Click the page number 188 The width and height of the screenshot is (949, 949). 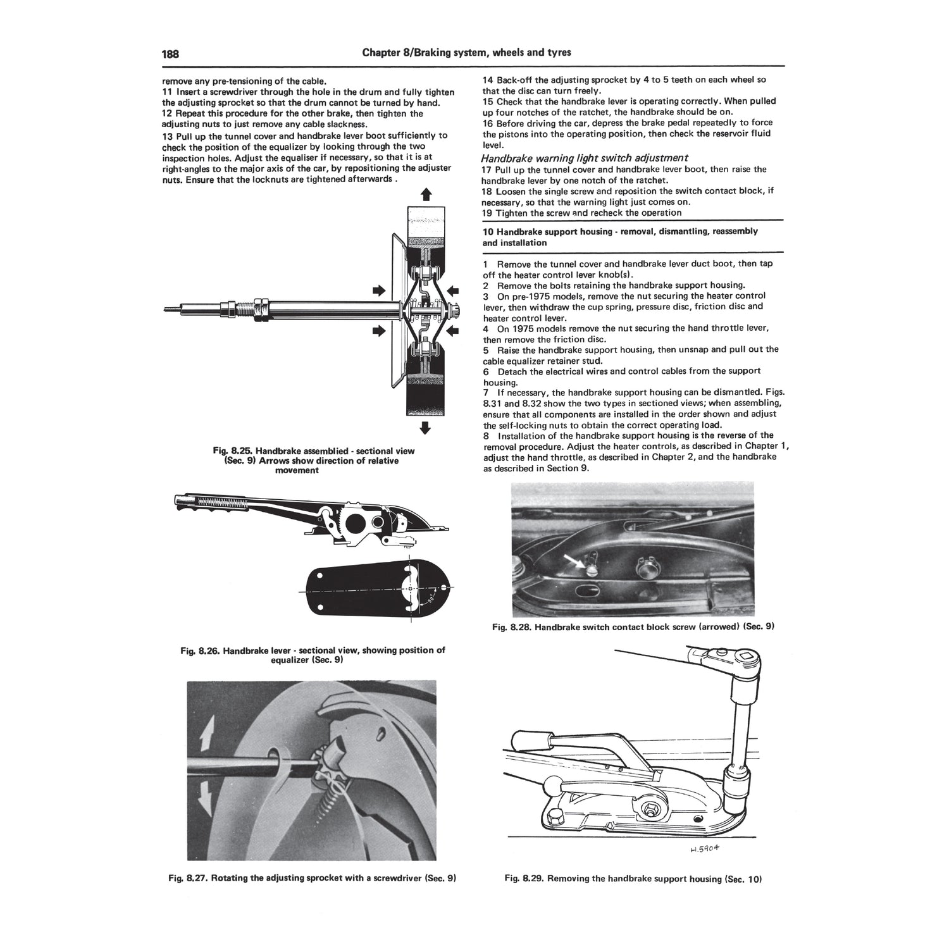171,53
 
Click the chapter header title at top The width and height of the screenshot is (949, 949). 466,53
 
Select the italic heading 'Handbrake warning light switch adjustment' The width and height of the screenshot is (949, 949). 585,158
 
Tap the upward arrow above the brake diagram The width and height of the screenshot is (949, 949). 426,195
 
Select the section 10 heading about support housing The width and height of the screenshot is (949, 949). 620,237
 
